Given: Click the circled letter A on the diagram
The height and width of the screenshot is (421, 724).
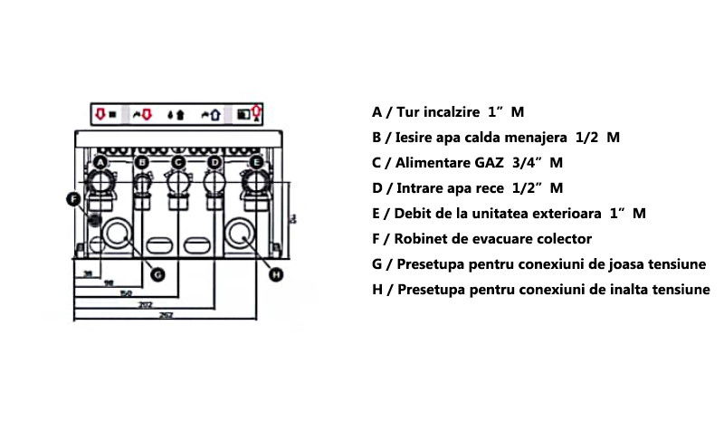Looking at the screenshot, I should (101, 162).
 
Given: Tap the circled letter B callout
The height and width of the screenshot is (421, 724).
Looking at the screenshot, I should (141, 162).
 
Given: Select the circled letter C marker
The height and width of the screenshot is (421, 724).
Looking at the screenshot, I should (178, 162).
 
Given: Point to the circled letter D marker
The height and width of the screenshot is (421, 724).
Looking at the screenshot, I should (214, 162).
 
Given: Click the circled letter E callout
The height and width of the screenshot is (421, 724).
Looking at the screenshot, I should (256, 162).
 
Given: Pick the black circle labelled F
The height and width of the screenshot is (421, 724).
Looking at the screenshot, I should (75, 198).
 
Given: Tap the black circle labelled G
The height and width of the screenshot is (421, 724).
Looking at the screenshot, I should (157, 273).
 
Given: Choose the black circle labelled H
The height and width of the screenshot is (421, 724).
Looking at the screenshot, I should (277, 273).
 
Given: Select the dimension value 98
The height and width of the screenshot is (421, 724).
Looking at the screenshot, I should (108, 283).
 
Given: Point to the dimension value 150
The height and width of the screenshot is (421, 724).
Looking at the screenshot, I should (126, 293).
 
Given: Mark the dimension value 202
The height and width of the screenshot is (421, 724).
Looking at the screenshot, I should (145, 303).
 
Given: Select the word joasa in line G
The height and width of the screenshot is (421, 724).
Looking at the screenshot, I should (607, 265).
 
